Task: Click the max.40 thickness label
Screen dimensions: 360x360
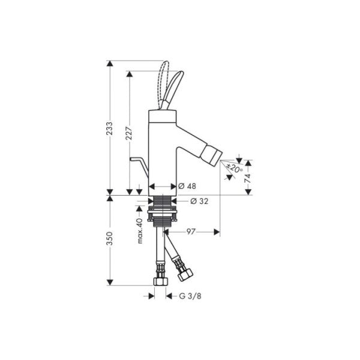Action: [139, 230]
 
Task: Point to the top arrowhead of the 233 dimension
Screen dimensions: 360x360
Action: [110, 63]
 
